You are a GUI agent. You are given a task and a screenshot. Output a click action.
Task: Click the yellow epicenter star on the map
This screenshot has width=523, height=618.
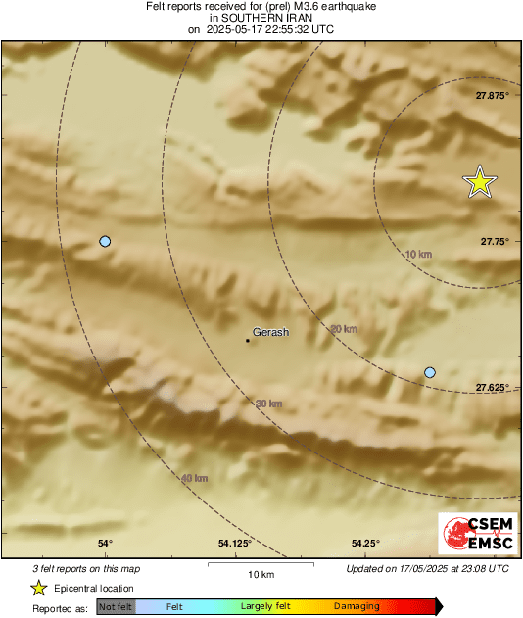[x=480, y=182]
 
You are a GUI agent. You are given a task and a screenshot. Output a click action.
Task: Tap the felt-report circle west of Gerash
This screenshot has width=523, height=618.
[x=105, y=241]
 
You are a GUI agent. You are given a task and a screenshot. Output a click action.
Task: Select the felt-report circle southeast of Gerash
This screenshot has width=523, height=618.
[x=429, y=372]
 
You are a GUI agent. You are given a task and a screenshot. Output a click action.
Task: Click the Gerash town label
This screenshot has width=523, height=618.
[x=271, y=333]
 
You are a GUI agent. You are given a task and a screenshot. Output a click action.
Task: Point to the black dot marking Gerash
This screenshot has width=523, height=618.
[x=247, y=341]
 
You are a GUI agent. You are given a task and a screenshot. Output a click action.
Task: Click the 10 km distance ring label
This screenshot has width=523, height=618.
[x=418, y=255]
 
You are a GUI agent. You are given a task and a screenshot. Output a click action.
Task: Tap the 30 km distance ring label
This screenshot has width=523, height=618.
[x=268, y=404]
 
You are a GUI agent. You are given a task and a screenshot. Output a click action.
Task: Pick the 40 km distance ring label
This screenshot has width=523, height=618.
[x=194, y=478]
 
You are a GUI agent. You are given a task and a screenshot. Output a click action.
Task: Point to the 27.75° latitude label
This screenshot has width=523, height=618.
[x=494, y=241]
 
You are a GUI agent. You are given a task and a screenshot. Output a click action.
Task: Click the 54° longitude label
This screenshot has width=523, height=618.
[x=106, y=544]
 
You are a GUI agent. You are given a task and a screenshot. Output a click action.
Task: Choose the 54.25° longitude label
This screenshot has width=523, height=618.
[x=364, y=544]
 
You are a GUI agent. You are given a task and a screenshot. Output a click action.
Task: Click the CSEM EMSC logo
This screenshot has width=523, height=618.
[x=473, y=536]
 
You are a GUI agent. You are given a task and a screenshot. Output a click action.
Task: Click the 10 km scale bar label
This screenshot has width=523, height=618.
[x=260, y=573]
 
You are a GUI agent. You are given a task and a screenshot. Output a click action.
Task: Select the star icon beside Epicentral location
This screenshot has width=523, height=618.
[x=38, y=588]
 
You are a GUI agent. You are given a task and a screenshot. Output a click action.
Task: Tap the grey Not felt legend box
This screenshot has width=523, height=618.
[x=116, y=607]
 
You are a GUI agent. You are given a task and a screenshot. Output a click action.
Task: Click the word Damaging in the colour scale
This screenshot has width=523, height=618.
[x=357, y=607]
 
